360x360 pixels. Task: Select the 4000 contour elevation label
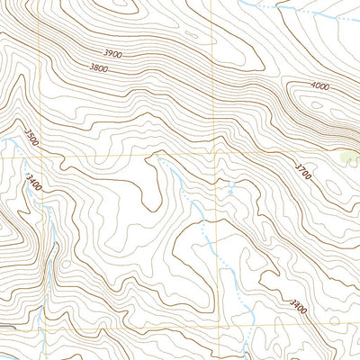pos(319,86)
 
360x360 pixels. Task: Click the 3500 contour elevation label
pos(32,140)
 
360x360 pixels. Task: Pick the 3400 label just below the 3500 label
pos(35,185)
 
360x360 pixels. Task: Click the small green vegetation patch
pos(350,158)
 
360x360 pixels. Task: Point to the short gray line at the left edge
pos(5,325)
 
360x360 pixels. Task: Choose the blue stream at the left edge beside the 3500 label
pos(11,144)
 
